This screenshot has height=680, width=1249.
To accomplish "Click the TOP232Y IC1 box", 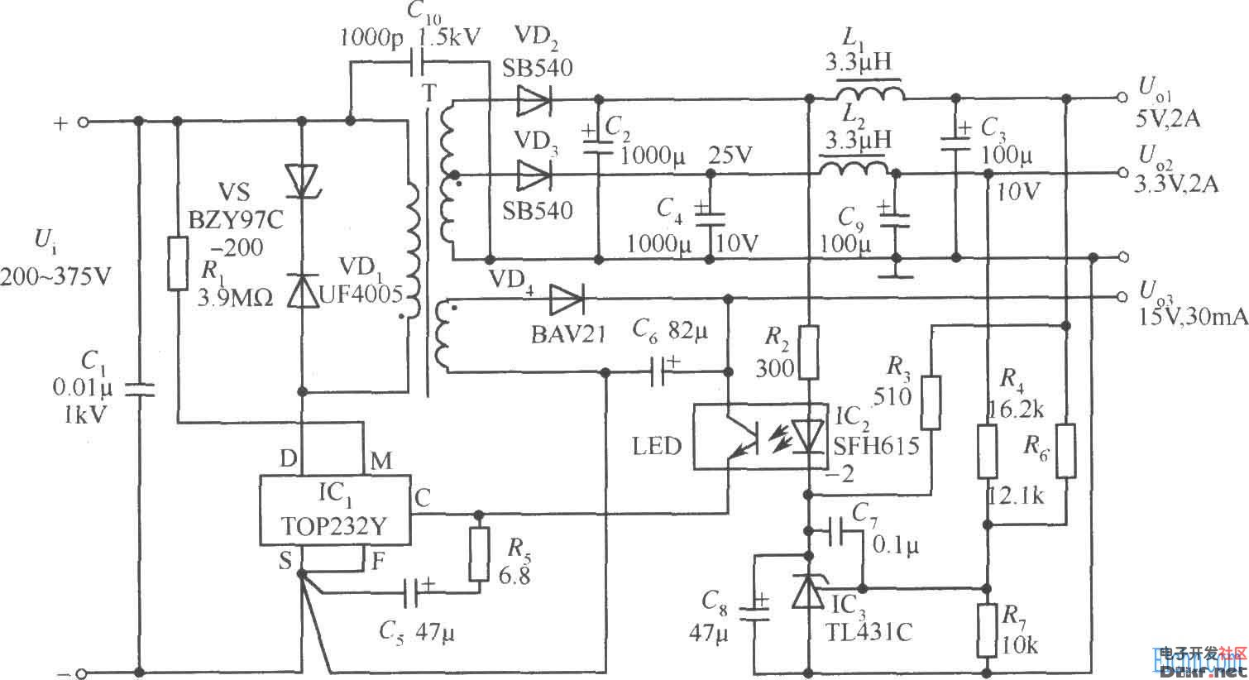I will [336, 510].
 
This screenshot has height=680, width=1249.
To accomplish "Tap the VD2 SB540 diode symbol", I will [534, 102].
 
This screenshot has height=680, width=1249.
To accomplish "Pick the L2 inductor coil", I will [854, 169].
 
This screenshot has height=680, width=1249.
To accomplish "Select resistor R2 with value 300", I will [810, 352].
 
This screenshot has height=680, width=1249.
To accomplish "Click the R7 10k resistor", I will [988, 629].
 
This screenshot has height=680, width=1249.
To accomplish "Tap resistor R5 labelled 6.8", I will [478, 555].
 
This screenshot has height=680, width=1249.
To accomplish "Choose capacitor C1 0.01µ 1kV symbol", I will [138, 389].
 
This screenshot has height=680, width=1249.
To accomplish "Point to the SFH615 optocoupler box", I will [759, 436].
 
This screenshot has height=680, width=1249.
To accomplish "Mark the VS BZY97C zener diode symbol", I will [302, 181].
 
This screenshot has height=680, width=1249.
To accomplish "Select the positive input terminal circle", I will [82, 122].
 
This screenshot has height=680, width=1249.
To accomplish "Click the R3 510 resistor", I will [931, 403].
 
